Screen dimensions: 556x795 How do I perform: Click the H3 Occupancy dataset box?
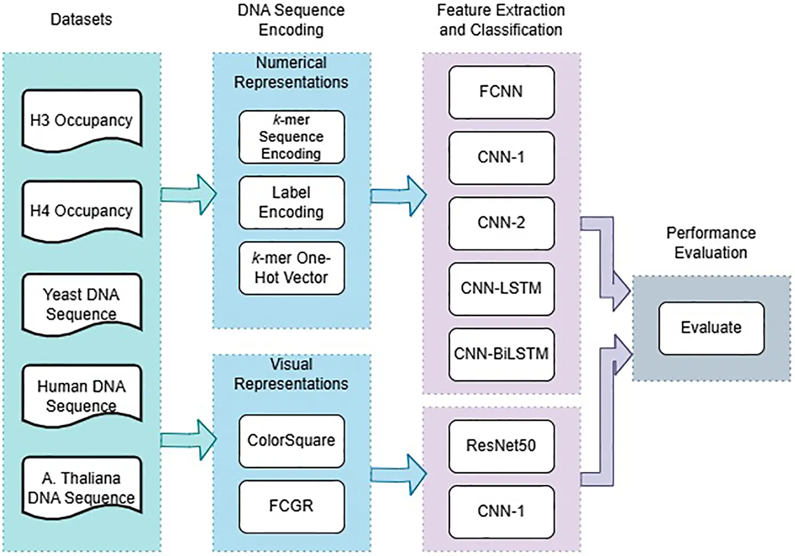coord(81,120)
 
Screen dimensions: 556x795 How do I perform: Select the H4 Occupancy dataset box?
coord(81,211)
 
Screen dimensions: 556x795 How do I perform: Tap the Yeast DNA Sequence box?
coord(81,304)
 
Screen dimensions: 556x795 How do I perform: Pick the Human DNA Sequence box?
coord(81,396)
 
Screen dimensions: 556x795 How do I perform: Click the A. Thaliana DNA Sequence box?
coord(81,487)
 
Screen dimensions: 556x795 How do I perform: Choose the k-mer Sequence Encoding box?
coord(291,137)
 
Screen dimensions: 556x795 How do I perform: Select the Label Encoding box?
coord(291,202)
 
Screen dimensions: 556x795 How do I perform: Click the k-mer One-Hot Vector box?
coord(291,268)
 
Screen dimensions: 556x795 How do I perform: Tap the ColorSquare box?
coord(291,440)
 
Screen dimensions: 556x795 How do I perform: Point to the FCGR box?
coord(291,506)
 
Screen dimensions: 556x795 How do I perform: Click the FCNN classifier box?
coord(501,92)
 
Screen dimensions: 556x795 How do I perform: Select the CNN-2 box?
coord(501,223)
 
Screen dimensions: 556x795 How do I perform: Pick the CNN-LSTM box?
coord(501,288)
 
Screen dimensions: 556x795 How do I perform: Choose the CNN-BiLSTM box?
coord(501,354)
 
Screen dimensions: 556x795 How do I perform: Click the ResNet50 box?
coord(501,446)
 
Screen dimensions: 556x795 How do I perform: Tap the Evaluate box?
coord(711,328)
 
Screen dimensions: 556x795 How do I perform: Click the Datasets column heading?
coord(81,20)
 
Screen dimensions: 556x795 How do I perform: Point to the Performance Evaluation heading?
coord(711,243)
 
